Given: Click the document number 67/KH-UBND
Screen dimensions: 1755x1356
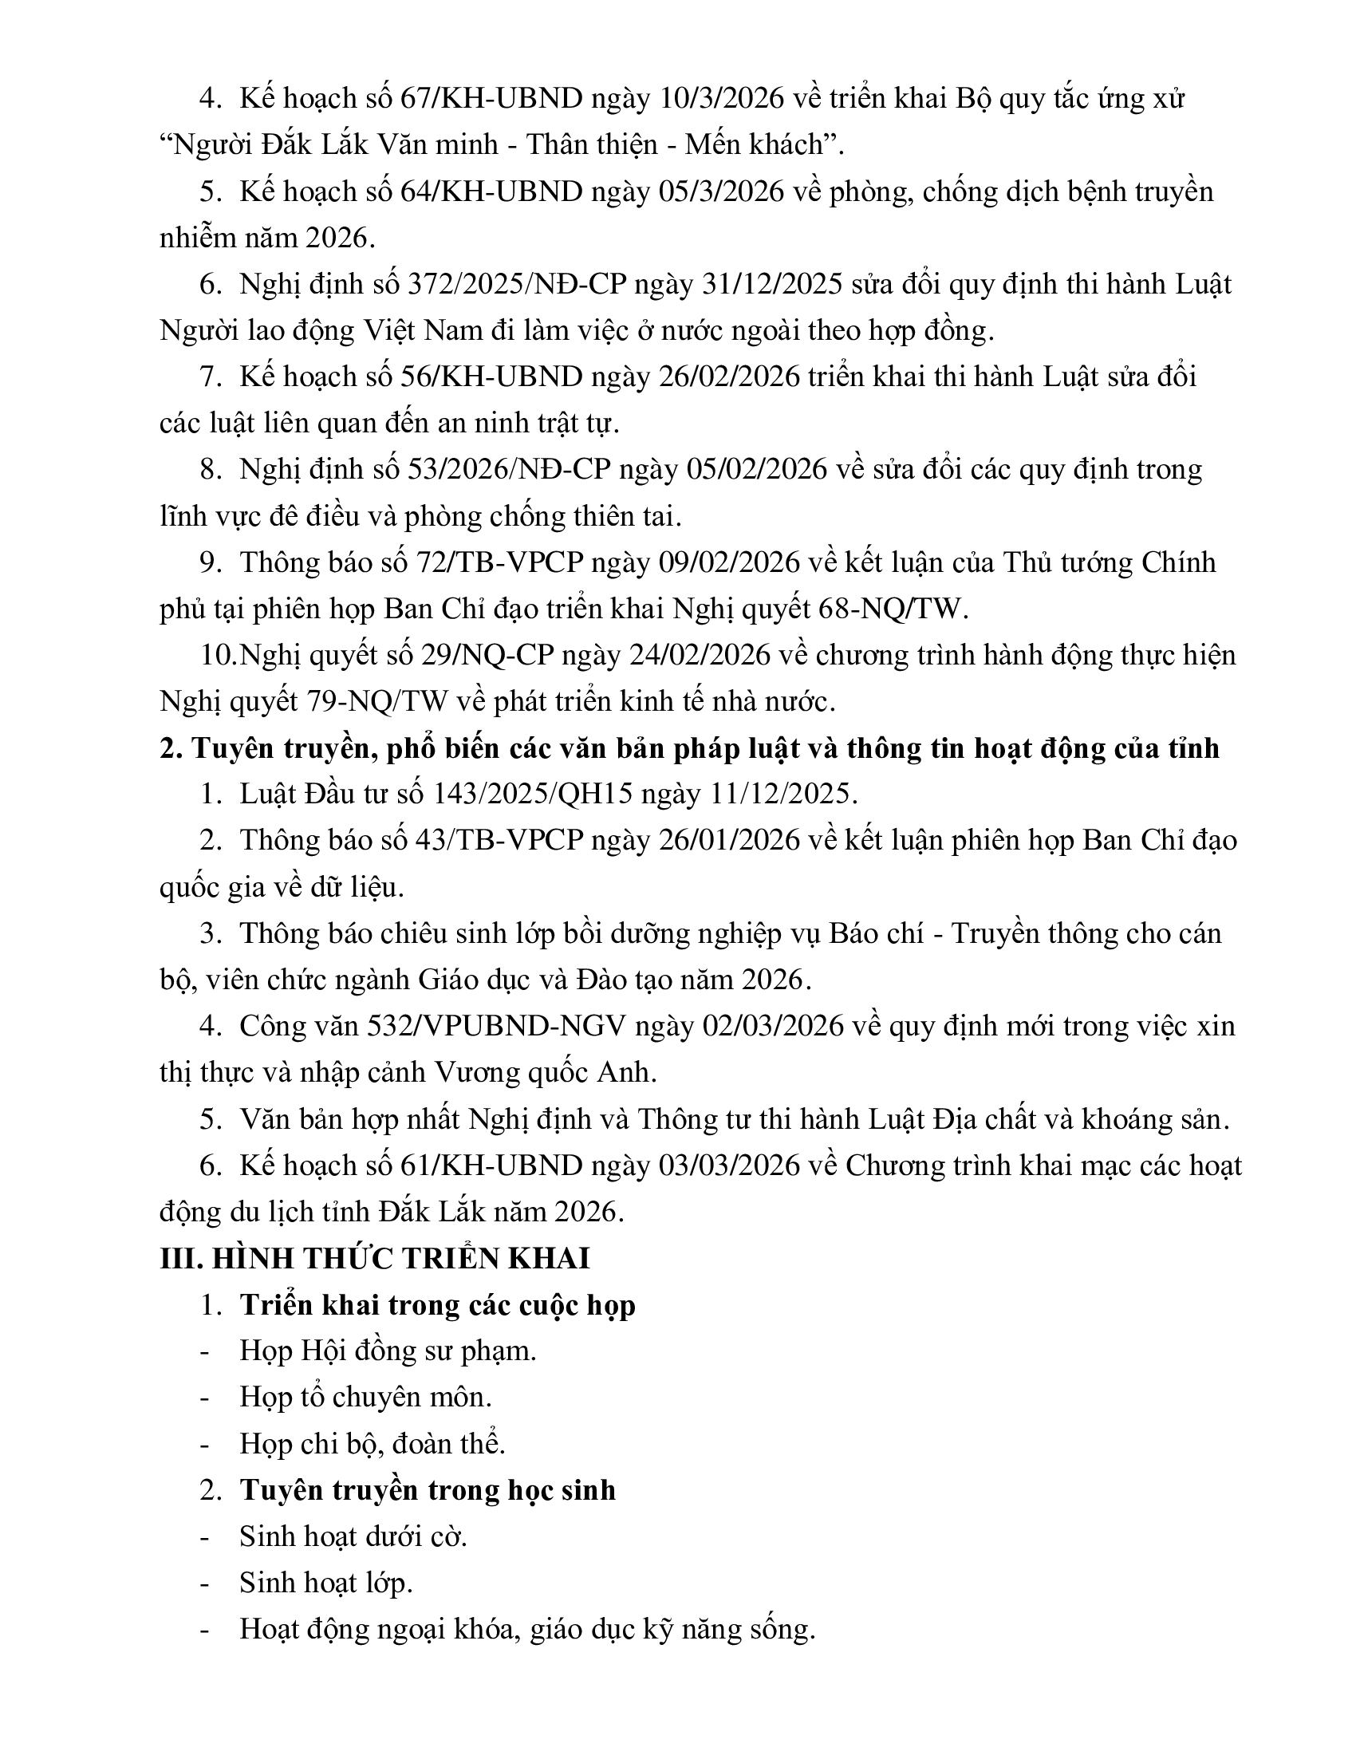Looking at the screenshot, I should [x=491, y=99].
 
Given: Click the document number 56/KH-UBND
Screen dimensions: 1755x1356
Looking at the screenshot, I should [x=491, y=377].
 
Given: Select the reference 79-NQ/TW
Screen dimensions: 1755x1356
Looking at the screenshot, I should [x=376, y=702].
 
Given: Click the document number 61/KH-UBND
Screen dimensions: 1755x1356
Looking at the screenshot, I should [x=491, y=1166].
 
